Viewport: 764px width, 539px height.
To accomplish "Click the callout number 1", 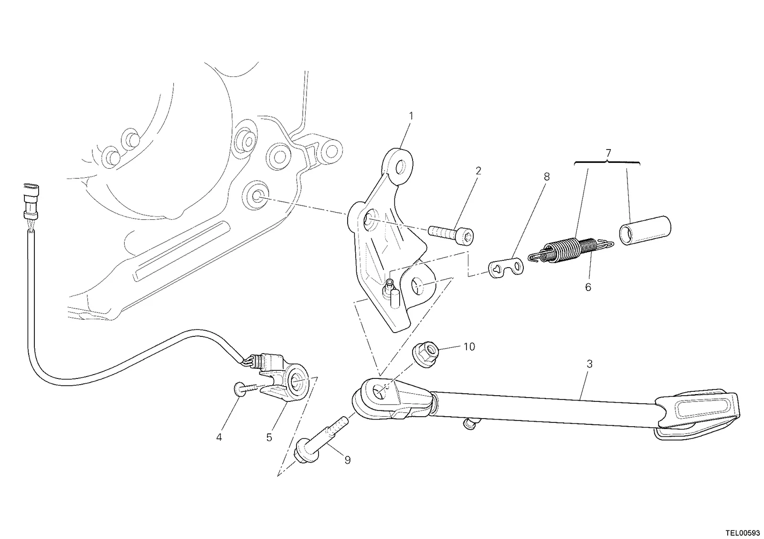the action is tap(411, 116).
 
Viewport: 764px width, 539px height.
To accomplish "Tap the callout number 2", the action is tap(478, 171).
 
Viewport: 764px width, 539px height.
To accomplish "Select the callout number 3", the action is tap(590, 364).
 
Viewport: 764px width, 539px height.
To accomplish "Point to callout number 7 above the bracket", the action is tap(608, 153).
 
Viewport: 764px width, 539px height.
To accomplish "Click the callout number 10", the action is tap(469, 347).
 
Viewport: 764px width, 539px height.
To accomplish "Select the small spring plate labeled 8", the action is tap(506, 267).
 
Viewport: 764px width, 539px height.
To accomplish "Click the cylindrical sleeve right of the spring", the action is tap(645, 230).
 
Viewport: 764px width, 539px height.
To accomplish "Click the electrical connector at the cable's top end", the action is tap(31, 201).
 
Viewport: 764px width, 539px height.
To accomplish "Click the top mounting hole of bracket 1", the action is tap(401, 167).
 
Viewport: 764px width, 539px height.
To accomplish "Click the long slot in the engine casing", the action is tap(181, 251).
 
